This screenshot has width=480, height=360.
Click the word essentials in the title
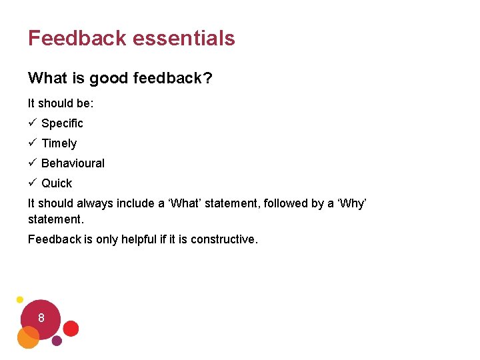[183, 38]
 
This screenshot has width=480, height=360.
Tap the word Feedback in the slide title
[77, 38]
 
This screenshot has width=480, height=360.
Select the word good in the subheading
[109, 79]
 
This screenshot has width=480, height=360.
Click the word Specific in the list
[62, 123]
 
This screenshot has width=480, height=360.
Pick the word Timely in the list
[59, 143]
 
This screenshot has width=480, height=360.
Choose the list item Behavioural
[73, 163]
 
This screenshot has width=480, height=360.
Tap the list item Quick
[57, 183]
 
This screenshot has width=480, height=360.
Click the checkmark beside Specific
[32, 123]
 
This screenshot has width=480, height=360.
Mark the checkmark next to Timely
[32, 143]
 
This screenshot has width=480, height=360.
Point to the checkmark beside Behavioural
[32, 163]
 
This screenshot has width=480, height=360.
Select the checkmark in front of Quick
[32, 183]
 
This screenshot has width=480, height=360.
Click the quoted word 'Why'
[352, 204]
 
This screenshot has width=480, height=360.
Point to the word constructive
[223, 239]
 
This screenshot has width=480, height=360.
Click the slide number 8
[41, 318]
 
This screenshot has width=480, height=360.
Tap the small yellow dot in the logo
[20, 300]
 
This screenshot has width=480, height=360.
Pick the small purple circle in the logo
[57, 341]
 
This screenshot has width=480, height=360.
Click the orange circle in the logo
[28, 338]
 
